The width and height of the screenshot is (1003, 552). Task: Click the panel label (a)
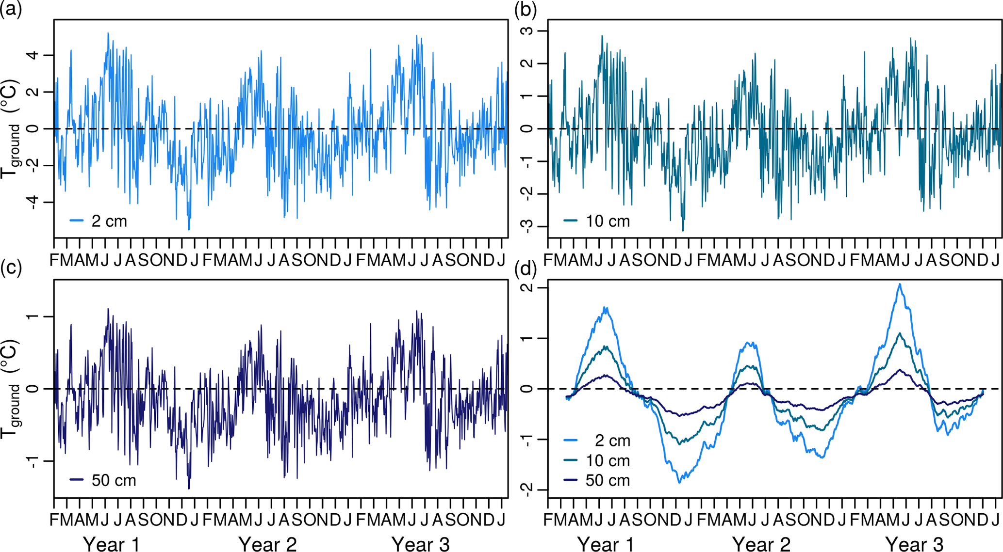click(11, 10)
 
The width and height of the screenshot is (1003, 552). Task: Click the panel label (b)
click(525, 10)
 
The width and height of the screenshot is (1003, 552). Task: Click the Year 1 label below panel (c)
click(112, 544)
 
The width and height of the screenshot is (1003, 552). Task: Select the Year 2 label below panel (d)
click(761, 544)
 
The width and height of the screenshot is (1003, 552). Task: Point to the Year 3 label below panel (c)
click(420, 544)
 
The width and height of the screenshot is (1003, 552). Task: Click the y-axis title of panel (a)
click(12, 128)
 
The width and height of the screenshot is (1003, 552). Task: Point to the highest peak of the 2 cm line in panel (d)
click(900, 284)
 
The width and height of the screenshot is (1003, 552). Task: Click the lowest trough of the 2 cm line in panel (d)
click(679, 482)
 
